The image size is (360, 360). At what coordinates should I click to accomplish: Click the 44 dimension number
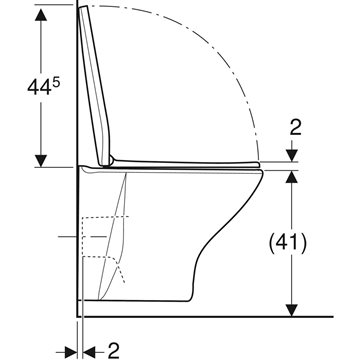click(39, 88)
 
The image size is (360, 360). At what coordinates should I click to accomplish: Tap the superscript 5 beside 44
click(56, 83)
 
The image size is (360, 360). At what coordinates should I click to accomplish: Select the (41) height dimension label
click(287, 243)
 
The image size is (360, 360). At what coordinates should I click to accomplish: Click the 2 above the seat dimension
click(295, 127)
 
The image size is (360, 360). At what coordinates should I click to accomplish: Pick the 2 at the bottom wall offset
click(113, 351)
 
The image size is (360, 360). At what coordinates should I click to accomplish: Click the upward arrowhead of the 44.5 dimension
click(41, 15)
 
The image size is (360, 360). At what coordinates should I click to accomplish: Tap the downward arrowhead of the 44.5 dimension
click(41, 161)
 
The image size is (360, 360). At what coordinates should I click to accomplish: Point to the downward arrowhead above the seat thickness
click(292, 156)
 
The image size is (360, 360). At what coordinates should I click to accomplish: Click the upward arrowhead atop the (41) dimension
click(292, 177)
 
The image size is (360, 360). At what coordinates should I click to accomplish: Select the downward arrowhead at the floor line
click(292, 310)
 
